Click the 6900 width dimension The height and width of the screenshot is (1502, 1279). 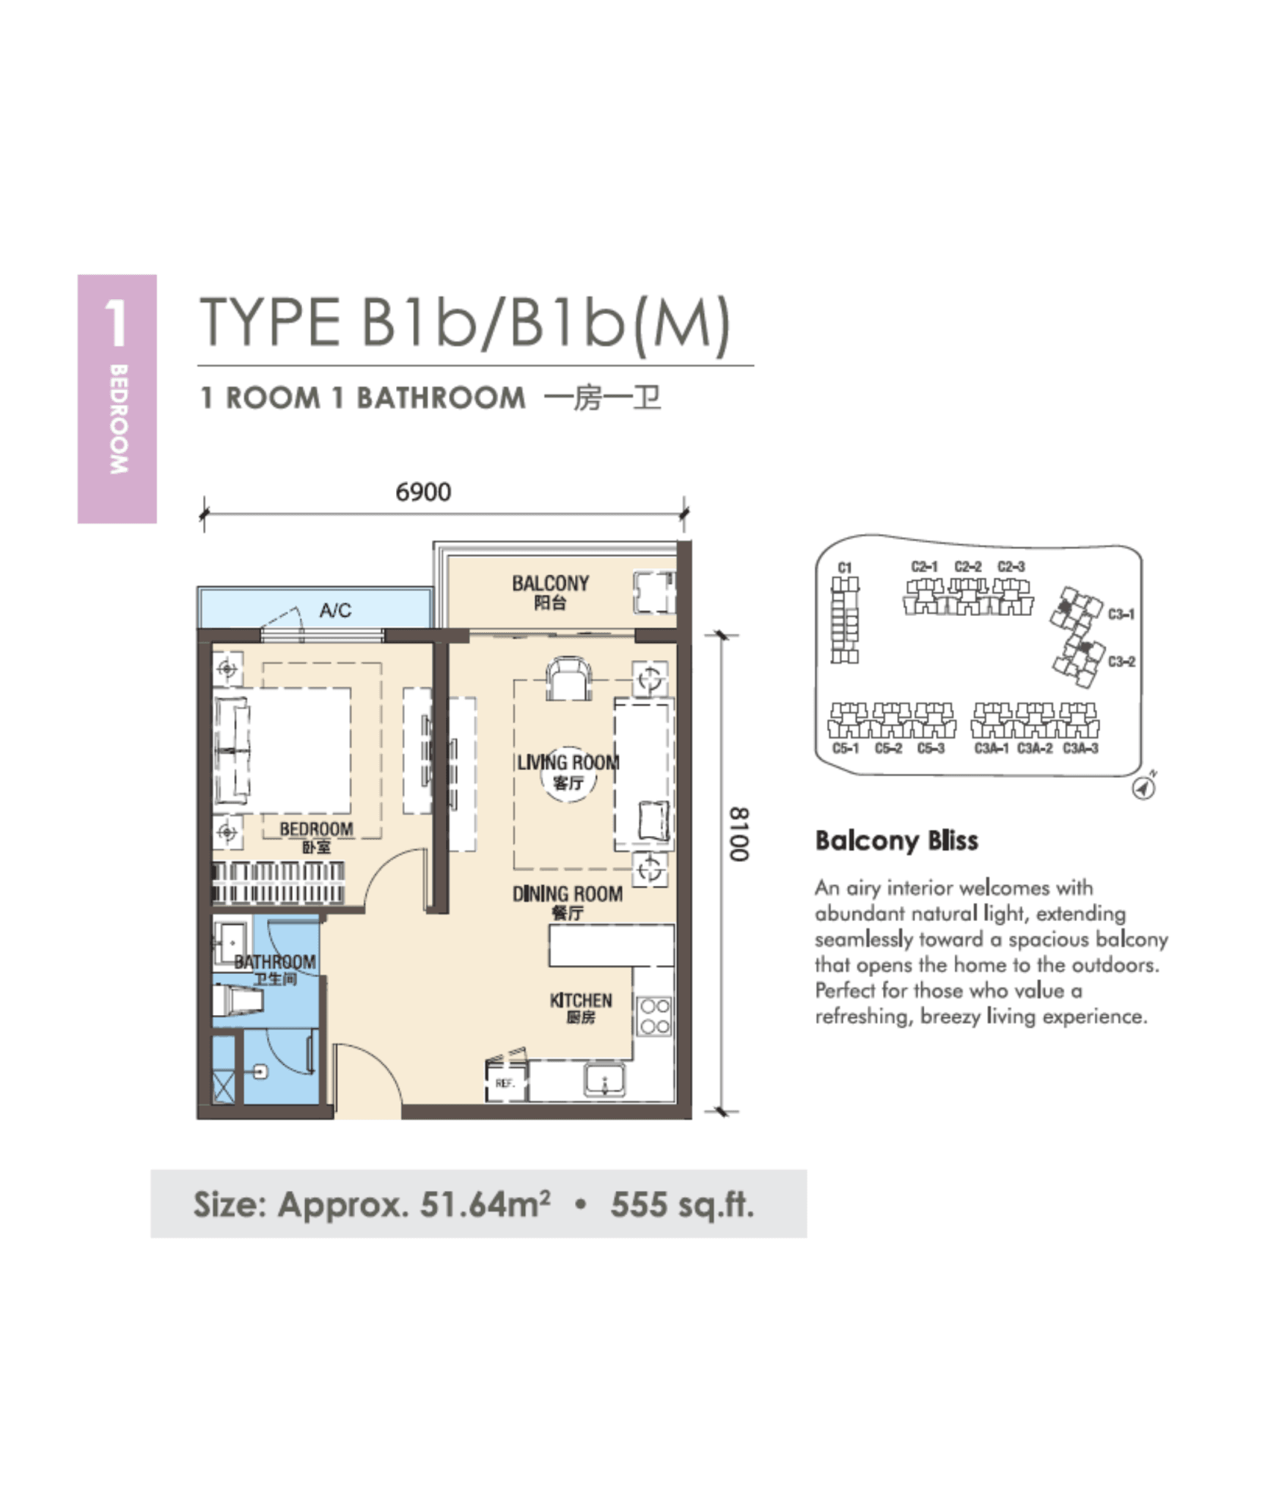tap(423, 491)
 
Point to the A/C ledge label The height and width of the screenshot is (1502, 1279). tap(335, 610)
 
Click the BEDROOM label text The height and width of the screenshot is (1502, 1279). tap(316, 829)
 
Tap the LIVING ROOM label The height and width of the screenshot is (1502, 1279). tap(568, 763)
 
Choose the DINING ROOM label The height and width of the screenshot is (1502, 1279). tap(568, 894)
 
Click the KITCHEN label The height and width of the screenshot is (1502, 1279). tap(581, 1000)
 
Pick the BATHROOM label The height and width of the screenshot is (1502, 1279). tap(275, 961)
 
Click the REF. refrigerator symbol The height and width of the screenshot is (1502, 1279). tap(505, 1083)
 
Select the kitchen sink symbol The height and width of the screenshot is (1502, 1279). tap(605, 1080)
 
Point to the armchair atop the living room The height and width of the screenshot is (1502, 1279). tap(568, 678)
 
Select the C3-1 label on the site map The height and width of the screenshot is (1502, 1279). tap(1121, 614)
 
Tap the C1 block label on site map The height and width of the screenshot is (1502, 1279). tap(845, 568)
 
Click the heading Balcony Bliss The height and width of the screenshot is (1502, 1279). tap(896, 840)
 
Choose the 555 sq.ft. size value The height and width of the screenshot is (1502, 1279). tap(682, 1204)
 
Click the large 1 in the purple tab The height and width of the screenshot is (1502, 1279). tap(116, 323)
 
